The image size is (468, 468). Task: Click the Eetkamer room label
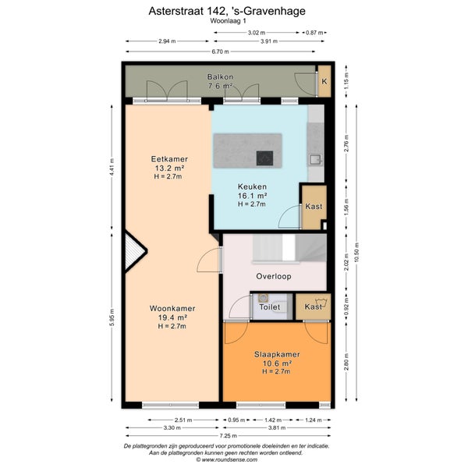(169, 159)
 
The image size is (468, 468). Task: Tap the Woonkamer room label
(172, 308)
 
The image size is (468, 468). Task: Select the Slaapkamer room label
(277, 354)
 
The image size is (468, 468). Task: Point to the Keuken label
(252, 187)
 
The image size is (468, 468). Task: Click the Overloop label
(274, 276)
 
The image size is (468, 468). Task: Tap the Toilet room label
(270, 307)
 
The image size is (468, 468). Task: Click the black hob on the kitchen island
(264, 158)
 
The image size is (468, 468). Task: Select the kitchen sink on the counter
(315, 160)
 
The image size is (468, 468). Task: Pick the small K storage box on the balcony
(324, 81)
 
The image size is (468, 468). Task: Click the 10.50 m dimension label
(356, 253)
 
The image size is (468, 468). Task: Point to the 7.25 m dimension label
(229, 436)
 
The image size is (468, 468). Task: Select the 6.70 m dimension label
(220, 51)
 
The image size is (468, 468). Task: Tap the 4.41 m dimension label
(112, 167)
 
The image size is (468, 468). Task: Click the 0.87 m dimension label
(314, 33)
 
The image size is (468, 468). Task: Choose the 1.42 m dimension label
(273, 420)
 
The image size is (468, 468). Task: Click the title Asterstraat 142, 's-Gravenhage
(227, 11)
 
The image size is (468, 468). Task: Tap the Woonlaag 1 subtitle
(228, 21)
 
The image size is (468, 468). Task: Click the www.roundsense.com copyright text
(226, 459)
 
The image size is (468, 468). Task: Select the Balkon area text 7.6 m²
(220, 86)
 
